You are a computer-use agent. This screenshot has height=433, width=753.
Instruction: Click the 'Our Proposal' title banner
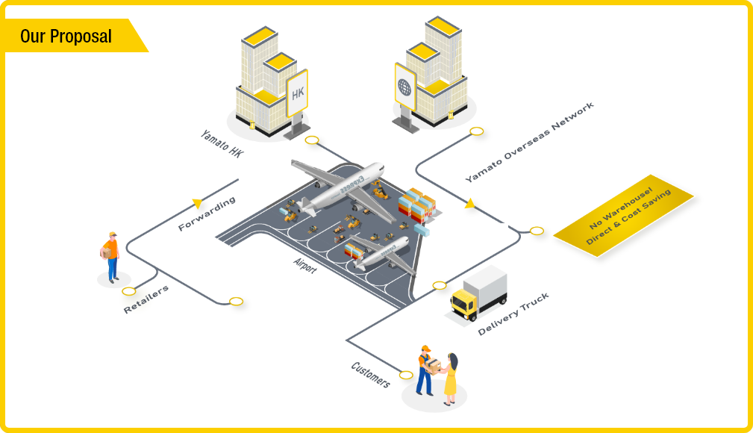click(x=67, y=36)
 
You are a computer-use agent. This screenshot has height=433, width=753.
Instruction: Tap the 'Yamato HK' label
click(x=222, y=144)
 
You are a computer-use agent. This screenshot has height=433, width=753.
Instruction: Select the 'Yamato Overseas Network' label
click(x=530, y=143)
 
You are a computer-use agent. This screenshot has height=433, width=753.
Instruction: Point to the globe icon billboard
click(x=405, y=87)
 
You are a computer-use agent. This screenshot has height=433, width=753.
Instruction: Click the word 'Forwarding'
click(x=207, y=214)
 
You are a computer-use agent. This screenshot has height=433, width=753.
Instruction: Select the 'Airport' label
click(x=305, y=267)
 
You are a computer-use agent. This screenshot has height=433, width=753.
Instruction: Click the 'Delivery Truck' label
click(x=513, y=314)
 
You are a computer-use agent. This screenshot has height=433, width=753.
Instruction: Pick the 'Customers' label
click(x=370, y=374)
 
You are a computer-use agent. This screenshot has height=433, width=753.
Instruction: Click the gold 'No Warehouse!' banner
click(x=624, y=216)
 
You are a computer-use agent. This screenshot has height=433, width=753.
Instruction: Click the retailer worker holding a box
click(x=110, y=255)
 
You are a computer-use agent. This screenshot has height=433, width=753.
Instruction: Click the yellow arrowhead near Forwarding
click(x=197, y=202)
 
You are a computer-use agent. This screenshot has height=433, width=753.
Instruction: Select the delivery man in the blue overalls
click(x=424, y=370)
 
